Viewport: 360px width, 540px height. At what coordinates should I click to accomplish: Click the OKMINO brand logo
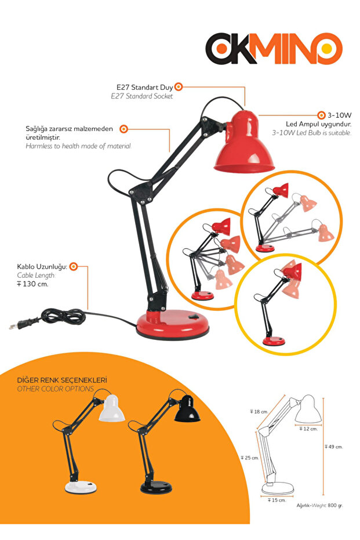tap(274, 49)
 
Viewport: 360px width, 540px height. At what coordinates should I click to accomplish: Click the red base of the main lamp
tap(173, 324)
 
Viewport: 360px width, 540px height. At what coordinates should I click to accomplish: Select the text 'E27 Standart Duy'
tap(144, 88)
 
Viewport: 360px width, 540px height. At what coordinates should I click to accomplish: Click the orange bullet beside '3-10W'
tap(321, 115)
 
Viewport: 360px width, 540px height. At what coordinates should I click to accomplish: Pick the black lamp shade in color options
tap(187, 409)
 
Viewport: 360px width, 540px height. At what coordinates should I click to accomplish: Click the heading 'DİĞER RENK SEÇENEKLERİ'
tap(62, 380)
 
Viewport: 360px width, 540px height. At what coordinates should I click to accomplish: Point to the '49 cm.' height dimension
tap(334, 447)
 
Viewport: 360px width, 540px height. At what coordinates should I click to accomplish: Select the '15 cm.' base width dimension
tap(277, 500)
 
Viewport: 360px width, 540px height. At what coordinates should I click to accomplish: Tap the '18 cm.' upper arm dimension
tap(259, 412)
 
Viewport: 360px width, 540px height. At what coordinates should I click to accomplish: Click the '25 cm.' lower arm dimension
tap(250, 458)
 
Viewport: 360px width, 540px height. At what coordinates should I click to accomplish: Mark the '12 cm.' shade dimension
tap(308, 429)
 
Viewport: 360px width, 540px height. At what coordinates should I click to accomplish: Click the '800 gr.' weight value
tap(335, 506)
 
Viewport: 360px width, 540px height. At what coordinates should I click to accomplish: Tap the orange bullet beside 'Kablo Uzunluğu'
tap(73, 266)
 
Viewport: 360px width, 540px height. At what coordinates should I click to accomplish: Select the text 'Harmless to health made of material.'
tap(78, 146)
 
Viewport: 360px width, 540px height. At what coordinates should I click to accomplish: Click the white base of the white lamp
tap(81, 487)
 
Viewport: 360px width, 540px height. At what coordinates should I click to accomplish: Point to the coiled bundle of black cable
tap(63, 316)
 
